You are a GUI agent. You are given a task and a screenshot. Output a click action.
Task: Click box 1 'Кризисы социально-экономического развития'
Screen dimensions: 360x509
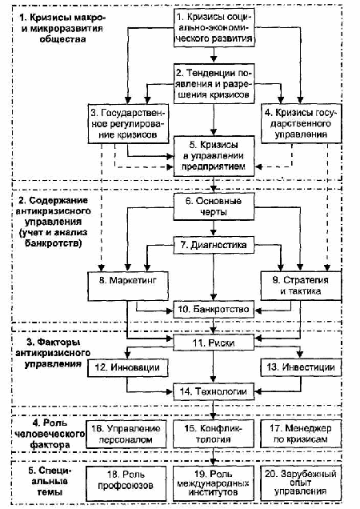(214, 27)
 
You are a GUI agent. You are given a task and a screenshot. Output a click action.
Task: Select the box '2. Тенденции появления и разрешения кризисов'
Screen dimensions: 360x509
(214, 83)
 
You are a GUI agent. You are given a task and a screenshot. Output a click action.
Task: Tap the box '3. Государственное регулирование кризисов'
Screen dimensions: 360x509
(128, 124)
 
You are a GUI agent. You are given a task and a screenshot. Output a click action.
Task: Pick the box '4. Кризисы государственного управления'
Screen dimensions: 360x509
(301, 124)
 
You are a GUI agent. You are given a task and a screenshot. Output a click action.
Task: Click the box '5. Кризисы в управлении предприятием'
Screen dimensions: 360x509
(214, 156)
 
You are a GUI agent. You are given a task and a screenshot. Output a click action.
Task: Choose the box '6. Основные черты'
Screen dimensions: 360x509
(214, 206)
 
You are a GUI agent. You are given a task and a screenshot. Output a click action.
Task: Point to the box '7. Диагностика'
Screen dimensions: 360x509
(214, 245)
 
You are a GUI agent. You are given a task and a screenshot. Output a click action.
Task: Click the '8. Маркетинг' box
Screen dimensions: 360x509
(128, 286)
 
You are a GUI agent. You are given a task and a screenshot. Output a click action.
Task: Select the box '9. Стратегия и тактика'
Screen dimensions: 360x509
(301, 286)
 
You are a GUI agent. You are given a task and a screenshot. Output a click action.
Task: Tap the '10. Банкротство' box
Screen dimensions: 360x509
(214, 310)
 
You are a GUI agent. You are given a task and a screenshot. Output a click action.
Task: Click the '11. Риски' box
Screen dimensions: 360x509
(214, 343)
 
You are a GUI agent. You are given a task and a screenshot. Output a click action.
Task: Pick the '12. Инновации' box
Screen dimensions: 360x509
(128, 368)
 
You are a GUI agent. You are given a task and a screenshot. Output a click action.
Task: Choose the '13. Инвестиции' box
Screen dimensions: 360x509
(301, 368)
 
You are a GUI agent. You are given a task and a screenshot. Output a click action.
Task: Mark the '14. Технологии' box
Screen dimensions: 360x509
(214, 391)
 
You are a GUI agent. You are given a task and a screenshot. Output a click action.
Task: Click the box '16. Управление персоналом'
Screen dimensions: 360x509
(126, 435)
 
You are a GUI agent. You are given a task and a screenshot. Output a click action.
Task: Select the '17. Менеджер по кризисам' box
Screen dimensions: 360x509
(301, 435)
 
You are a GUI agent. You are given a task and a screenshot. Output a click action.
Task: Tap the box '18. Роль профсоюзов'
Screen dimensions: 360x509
(126, 480)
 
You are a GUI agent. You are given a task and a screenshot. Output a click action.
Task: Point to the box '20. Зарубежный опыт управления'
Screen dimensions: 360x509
(301, 483)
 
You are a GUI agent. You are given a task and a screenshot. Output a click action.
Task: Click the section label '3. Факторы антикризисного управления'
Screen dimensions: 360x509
(53, 353)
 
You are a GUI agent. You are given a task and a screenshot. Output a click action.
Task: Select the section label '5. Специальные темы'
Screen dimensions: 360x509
(50, 481)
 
